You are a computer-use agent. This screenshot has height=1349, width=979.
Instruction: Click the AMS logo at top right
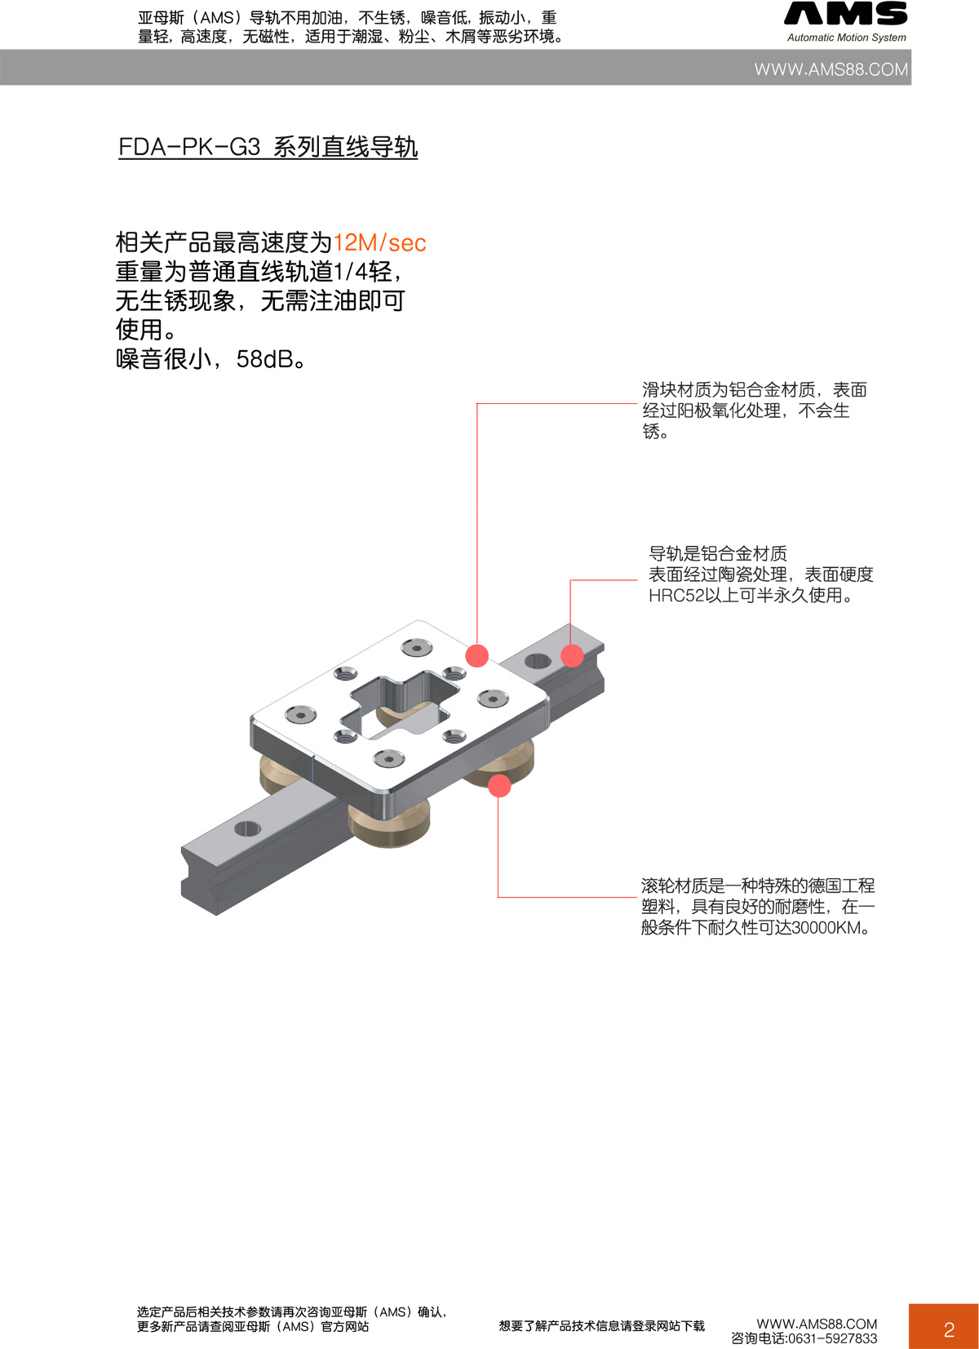click(845, 14)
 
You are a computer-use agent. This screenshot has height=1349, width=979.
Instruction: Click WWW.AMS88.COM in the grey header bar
click(831, 69)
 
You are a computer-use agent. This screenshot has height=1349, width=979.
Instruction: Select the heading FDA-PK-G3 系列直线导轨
click(268, 147)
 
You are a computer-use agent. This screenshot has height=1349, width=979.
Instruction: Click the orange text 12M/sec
click(379, 242)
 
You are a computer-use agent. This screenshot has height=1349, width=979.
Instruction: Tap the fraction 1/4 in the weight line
click(351, 272)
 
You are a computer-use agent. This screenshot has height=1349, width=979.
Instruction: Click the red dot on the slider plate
click(476, 655)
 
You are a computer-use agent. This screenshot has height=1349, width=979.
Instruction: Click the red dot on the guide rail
click(572, 655)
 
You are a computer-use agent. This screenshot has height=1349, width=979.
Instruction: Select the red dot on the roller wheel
click(499, 786)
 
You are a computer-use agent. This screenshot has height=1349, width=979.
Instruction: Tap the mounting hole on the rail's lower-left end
click(247, 829)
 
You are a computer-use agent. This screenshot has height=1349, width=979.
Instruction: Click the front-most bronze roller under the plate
click(390, 824)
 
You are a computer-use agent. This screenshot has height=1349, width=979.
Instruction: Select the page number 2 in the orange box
click(948, 1329)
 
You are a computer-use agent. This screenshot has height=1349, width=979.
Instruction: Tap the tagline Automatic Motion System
click(846, 38)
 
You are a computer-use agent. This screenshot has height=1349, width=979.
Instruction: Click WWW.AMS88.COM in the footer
click(817, 1324)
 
